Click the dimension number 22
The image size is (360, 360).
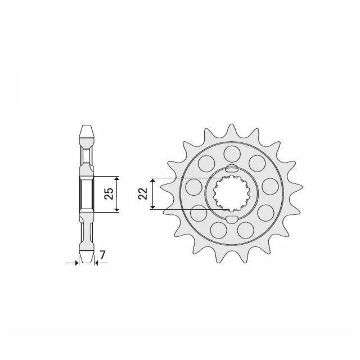point(143,194)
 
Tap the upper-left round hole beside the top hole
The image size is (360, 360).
point(207,163)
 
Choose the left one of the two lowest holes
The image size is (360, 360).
point(218,228)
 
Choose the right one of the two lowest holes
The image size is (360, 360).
point(245,228)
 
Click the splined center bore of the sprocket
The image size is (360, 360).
point(231,193)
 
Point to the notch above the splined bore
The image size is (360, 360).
point(231,169)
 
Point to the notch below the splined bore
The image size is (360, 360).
point(231,218)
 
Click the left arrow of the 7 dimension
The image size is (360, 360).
point(75,262)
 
